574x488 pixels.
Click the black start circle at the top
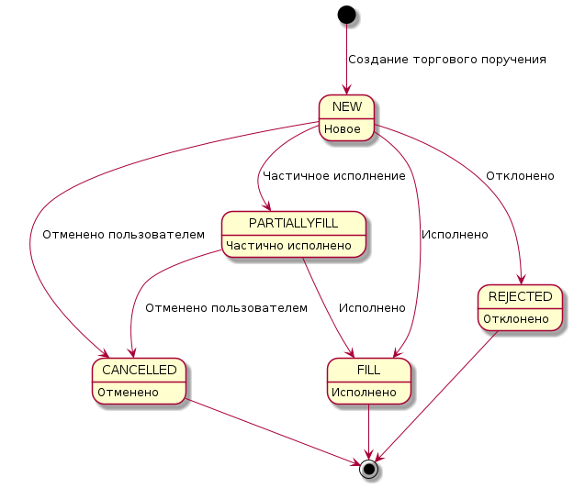tap(346, 15)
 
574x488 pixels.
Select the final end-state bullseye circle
tap(369, 469)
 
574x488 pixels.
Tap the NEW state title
tap(346, 107)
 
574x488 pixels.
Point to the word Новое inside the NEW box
tap(342, 128)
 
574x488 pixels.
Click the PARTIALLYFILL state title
tap(294, 224)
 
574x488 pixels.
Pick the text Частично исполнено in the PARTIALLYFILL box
tap(289, 245)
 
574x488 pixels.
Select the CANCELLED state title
tap(141, 371)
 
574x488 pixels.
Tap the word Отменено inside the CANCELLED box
tap(129, 392)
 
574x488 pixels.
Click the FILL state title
tap(369, 371)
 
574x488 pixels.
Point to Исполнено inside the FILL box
tap(365, 392)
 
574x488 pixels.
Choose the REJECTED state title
tap(520, 296)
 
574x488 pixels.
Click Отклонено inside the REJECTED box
tap(516, 318)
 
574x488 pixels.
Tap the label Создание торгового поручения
tap(447, 60)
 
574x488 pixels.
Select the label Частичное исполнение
tap(333, 175)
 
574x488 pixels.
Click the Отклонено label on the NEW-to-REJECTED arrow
tap(520, 175)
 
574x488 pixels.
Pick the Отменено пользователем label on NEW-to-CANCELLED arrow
tap(123, 235)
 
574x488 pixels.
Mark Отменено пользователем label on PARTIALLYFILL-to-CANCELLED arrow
tap(226, 307)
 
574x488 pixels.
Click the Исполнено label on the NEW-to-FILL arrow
tap(454, 235)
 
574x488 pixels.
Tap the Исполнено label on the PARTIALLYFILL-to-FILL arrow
tap(372, 307)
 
